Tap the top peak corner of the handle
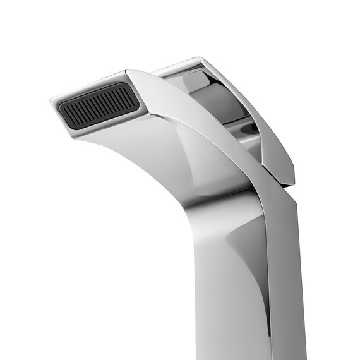pyautogui.click(x=201, y=59)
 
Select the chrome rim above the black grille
pyautogui.click(x=88, y=88)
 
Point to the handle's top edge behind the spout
pyautogui.click(x=177, y=66)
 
